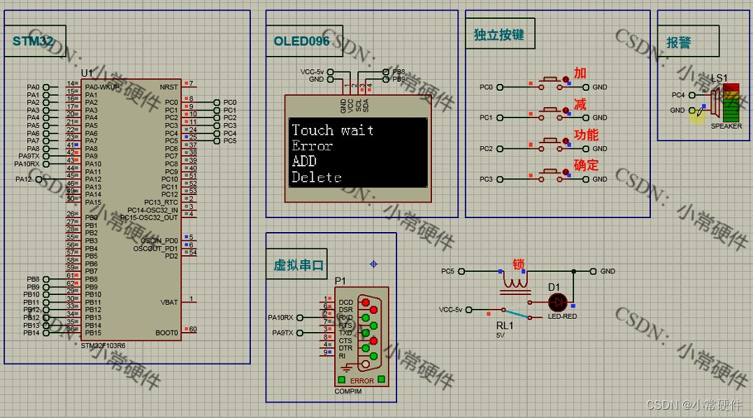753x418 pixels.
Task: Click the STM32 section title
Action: (x=34, y=41)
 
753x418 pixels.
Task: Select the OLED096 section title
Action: (x=301, y=41)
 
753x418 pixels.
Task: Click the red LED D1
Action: (x=557, y=302)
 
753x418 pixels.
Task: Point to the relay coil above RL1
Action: (x=515, y=283)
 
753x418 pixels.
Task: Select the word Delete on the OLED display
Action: (x=317, y=178)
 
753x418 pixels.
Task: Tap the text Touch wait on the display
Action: (x=333, y=130)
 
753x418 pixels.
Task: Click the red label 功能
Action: (x=586, y=135)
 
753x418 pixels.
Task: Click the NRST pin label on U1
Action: (x=168, y=87)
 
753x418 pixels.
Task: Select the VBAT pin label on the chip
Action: (x=169, y=302)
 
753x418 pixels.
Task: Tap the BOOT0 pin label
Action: (x=168, y=333)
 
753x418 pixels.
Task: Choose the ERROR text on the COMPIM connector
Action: (x=362, y=381)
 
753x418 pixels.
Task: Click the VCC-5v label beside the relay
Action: (x=451, y=309)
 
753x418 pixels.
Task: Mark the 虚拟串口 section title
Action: (x=299, y=265)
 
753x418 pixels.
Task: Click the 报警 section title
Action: (x=679, y=43)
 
